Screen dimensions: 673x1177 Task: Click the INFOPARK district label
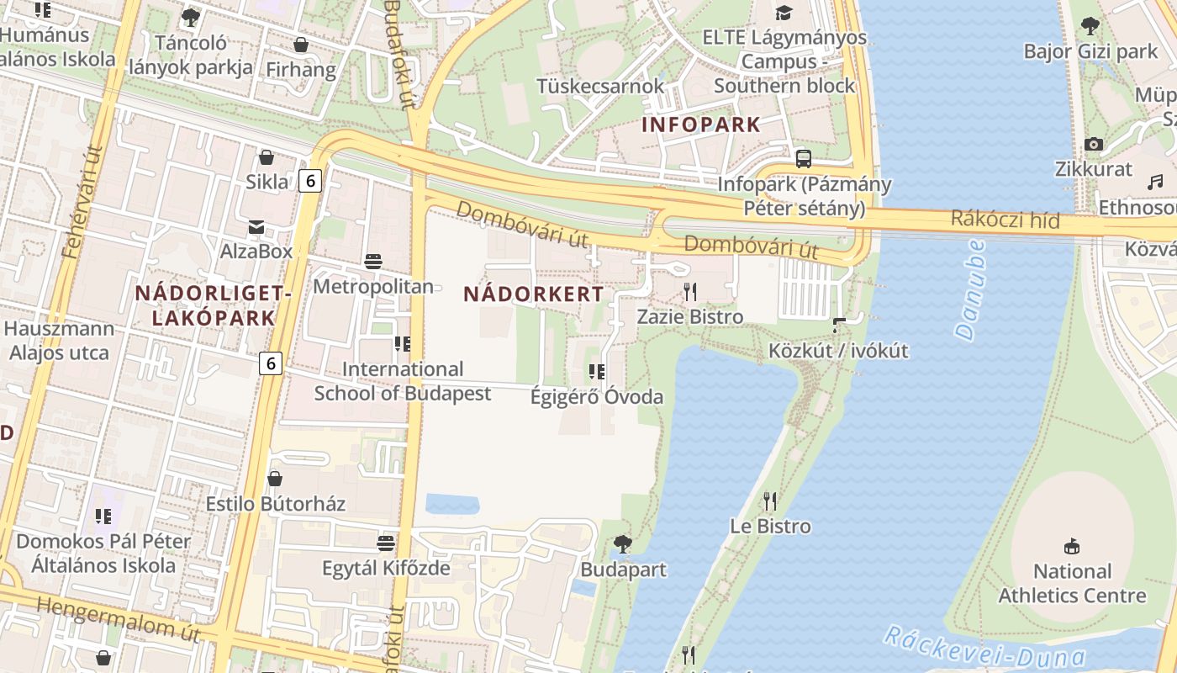pyautogui.click(x=700, y=125)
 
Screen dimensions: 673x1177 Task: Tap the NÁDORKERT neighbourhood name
pyautogui.click(x=533, y=294)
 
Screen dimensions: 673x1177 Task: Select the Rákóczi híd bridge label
pyautogui.click(x=1005, y=220)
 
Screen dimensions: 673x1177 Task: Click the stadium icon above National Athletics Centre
pyautogui.click(x=1071, y=547)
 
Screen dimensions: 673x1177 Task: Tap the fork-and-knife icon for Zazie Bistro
pyautogui.click(x=690, y=292)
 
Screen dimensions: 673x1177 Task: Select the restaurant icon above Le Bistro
pyautogui.click(x=770, y=501)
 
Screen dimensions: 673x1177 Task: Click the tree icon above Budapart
pyautogui.click(x=622, y=544)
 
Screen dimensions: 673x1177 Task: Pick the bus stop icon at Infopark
pyautogui.click(x=804, y=158)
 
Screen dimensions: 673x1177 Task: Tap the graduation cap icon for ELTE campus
pyautogui.click(x=784, y=13)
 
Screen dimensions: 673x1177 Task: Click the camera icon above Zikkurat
pyautogui.click(x=1094, y=144)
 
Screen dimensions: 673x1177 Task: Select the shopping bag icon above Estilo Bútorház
pyautogui.click(x=275, y=479)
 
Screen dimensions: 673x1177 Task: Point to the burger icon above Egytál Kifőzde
pyautogui.click(x=386, y=543)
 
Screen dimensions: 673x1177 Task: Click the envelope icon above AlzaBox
pyautogui.click(x=256, y=226)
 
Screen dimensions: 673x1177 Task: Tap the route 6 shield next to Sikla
pyautogui.click(x=310, y=180)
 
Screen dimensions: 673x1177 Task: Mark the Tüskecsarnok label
pyautogui.click(x=600, y=86)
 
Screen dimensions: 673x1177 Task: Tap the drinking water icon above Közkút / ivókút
pyautogui.click(x=838, y=325)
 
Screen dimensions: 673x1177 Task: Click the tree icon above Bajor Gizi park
pyautogui.click(x=1090, y=26)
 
